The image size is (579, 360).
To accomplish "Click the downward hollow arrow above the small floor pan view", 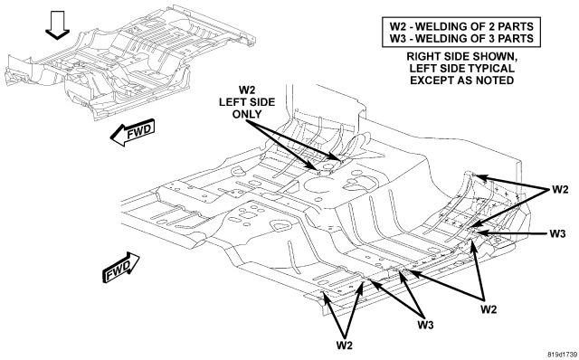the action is (57, 25).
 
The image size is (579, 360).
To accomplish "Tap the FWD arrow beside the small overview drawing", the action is (133, 132).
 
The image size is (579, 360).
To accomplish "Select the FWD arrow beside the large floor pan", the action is (121, 268).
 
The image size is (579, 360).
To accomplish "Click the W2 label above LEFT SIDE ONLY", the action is (246, 90).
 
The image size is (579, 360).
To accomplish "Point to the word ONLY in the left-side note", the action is (247, 114).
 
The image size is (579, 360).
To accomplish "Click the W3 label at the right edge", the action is (557, 233).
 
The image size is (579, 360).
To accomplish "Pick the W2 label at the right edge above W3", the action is (560, 190).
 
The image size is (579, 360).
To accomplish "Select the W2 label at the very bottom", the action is (344, 346).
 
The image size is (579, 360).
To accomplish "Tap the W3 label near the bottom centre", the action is (425, 325).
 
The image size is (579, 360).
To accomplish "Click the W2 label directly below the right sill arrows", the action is (489, 309).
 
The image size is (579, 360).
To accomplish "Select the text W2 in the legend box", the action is (398, 26).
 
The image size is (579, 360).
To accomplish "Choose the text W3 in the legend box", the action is (398, 38).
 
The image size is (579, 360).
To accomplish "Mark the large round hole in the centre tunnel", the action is (319, 185).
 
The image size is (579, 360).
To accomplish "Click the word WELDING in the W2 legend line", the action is (441, 26).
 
